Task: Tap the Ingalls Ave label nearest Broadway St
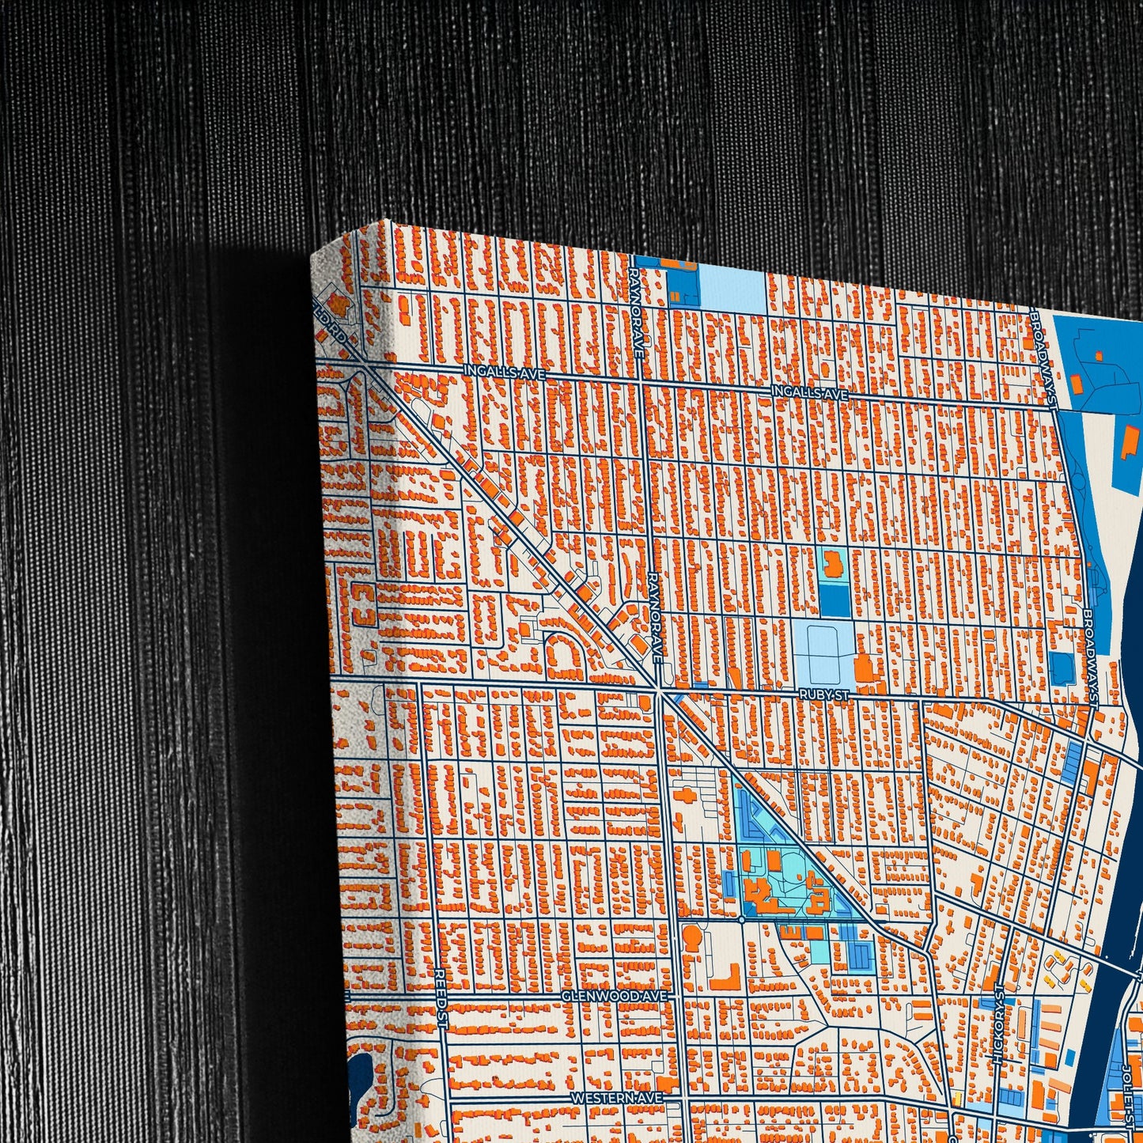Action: tap(810, 392)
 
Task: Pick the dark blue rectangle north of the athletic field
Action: tap(832, 599)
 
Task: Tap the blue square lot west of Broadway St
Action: tap(1062, 668)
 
